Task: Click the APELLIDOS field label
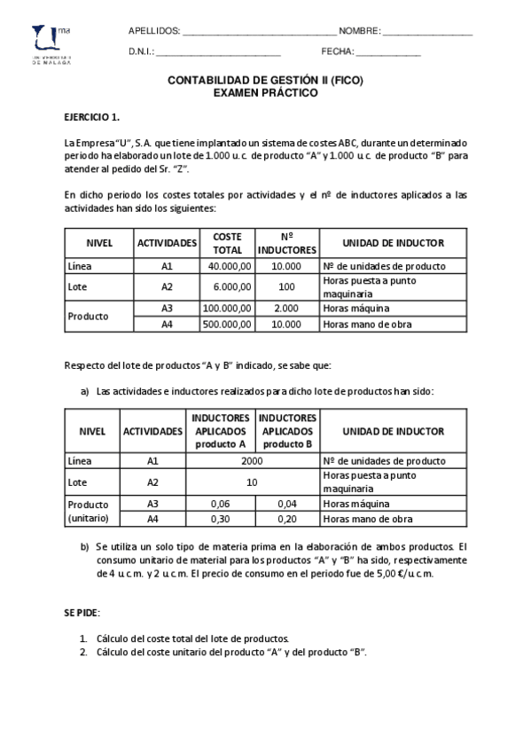(x=154, y=31)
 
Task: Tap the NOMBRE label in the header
(x=360, y=31)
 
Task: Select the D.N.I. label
(x=142, y=52)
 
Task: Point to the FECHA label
(x=338, y=52)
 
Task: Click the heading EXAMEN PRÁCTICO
(x=265, y=91)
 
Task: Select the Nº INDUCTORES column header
(x=286, y=243)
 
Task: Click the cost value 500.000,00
(x=228, y=325)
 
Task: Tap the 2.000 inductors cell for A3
(x=286, y=308)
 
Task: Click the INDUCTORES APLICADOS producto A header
(x=220, y=431)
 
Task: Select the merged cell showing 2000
(x=252, y=461)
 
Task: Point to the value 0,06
(x=220, y=503)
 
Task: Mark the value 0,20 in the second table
(x=286, y=520)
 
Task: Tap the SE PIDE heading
(x=82, y=613)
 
